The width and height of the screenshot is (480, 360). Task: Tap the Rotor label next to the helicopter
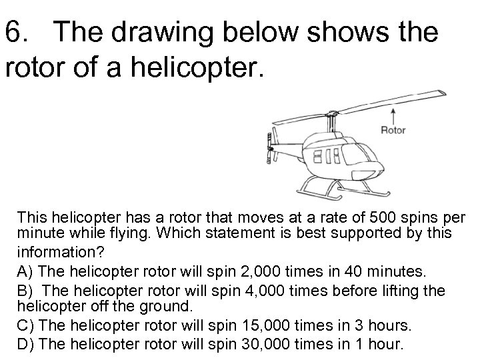[x=393, y=130]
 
